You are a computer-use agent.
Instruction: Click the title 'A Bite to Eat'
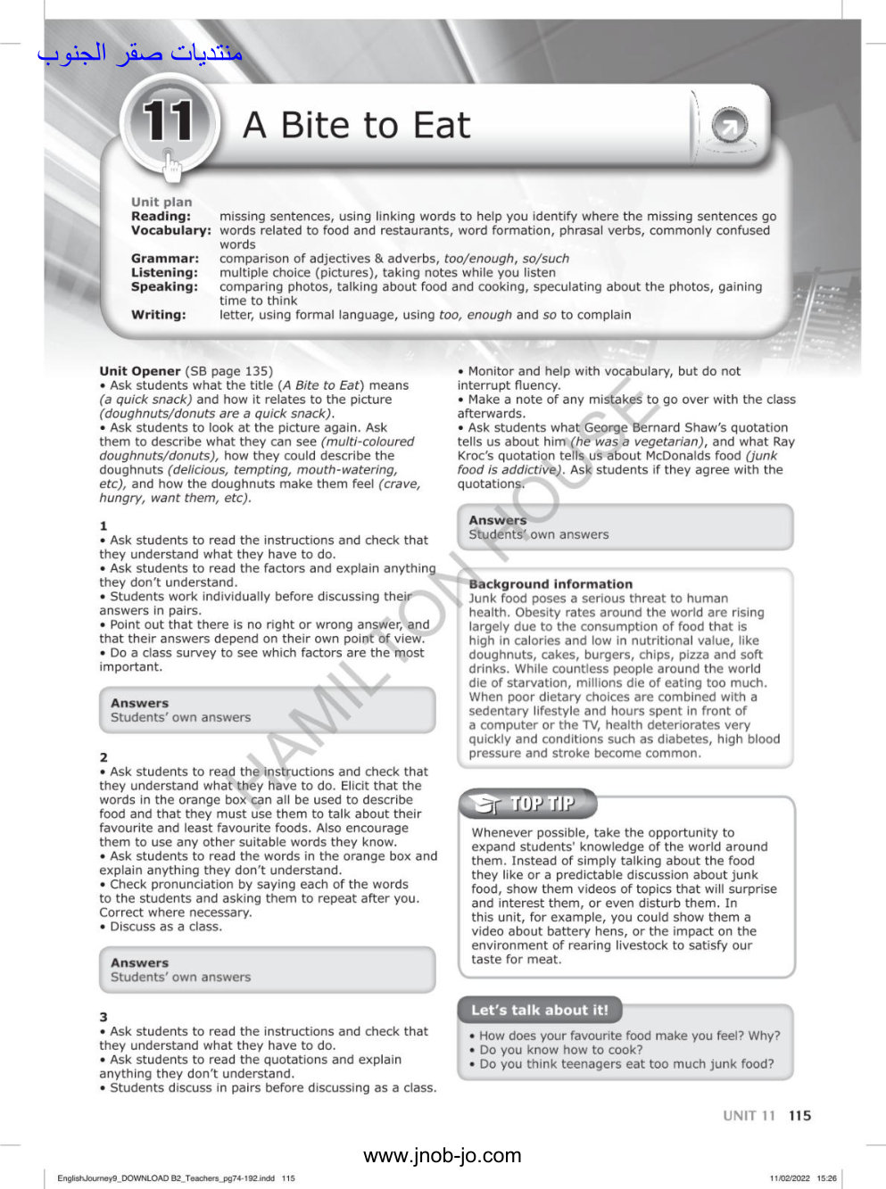356,126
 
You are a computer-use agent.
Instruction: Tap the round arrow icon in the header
729,128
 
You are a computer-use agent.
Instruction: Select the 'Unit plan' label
161,202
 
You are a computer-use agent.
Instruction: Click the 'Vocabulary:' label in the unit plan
170,230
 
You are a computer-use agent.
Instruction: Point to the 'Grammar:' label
165,259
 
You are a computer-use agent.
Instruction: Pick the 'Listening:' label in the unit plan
164,273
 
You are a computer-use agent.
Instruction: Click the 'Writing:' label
159,315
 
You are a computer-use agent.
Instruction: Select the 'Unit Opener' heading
140,371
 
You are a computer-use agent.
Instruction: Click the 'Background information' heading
551,584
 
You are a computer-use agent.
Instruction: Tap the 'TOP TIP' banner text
542,804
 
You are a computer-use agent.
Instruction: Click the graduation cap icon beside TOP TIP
486,805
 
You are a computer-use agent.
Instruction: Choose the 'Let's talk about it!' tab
540,1011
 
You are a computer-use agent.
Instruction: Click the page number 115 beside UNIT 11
800,1116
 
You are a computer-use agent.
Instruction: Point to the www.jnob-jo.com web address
443,1156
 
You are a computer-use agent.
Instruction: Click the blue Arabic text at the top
140,54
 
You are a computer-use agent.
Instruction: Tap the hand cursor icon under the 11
172,164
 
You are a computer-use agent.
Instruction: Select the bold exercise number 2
104,757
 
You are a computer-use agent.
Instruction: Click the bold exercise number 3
104,1017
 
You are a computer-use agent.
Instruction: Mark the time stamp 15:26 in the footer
826,1178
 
